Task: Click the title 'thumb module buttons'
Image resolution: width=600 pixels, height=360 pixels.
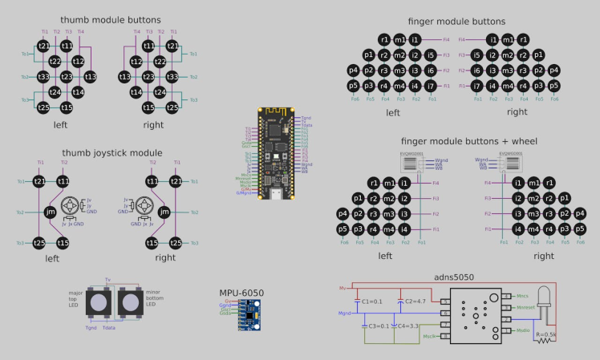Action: (110, 19)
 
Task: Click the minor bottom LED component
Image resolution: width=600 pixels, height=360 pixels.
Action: (130, 304)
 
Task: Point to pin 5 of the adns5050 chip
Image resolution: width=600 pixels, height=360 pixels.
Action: (443, 301)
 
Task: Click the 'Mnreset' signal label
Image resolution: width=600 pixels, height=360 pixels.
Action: (525, 307)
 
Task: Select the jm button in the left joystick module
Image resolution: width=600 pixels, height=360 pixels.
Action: (51, 212)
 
